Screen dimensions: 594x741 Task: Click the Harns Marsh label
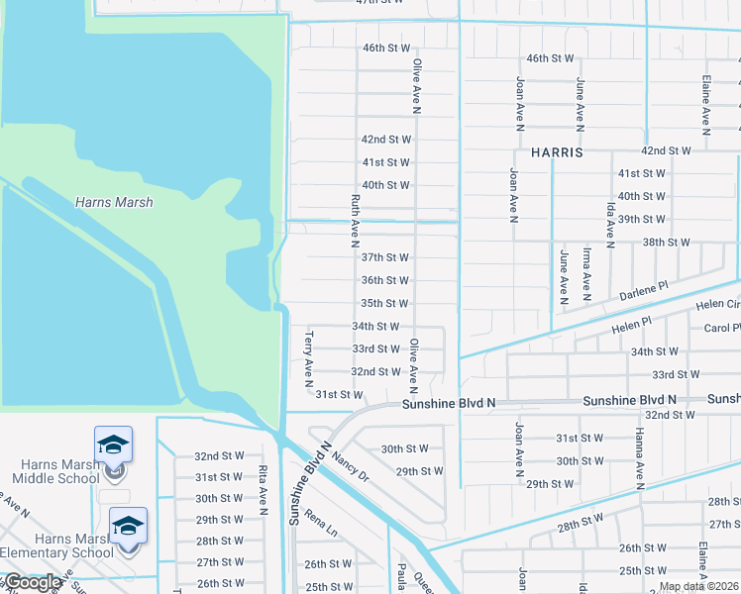coord(114,202)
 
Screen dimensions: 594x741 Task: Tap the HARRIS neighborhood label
coord(558,153)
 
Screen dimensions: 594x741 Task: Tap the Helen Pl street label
coord(632,323)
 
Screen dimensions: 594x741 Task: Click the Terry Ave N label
coord(309,357)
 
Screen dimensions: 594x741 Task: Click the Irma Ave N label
coord(586,274)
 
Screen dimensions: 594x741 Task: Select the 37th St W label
coord(384,257)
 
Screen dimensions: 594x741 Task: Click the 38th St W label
coord(666,242)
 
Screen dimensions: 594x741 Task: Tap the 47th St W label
coord(380,3)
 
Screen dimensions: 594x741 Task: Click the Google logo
coord(32,582)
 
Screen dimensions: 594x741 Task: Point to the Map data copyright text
coord(698,586)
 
